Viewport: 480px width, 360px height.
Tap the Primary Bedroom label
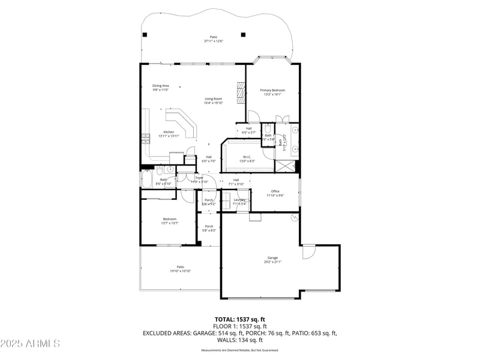tap(272, 92)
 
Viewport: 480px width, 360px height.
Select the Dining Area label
tap(160, 88)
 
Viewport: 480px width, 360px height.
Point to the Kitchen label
tap(169, 134)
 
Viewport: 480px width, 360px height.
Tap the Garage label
tap(272, 260)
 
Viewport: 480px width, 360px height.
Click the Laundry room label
tap(239, 202)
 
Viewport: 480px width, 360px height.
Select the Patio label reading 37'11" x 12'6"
tap(213, 39)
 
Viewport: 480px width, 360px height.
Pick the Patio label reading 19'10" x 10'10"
tap(180, 269)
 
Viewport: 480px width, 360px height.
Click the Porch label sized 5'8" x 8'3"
tap(209, 228)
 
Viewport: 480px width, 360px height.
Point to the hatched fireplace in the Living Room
tap(241, 93)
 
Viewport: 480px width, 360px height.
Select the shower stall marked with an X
tap(285, 165)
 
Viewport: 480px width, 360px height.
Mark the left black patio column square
tap(145, 34)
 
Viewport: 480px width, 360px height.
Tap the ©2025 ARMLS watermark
tap(30, 343)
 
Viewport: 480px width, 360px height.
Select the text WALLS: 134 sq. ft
tap(240, 340)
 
